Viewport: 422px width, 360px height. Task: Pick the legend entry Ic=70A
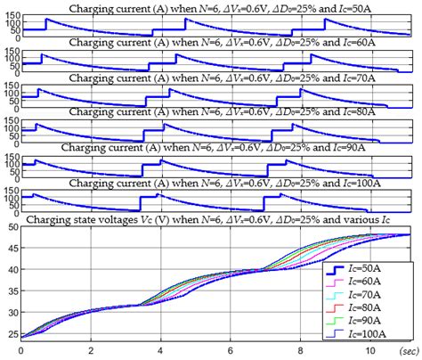pos(377,292)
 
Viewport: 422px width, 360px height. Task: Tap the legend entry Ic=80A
pos(377,306)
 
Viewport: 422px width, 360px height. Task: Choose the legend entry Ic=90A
pos(377,319)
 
